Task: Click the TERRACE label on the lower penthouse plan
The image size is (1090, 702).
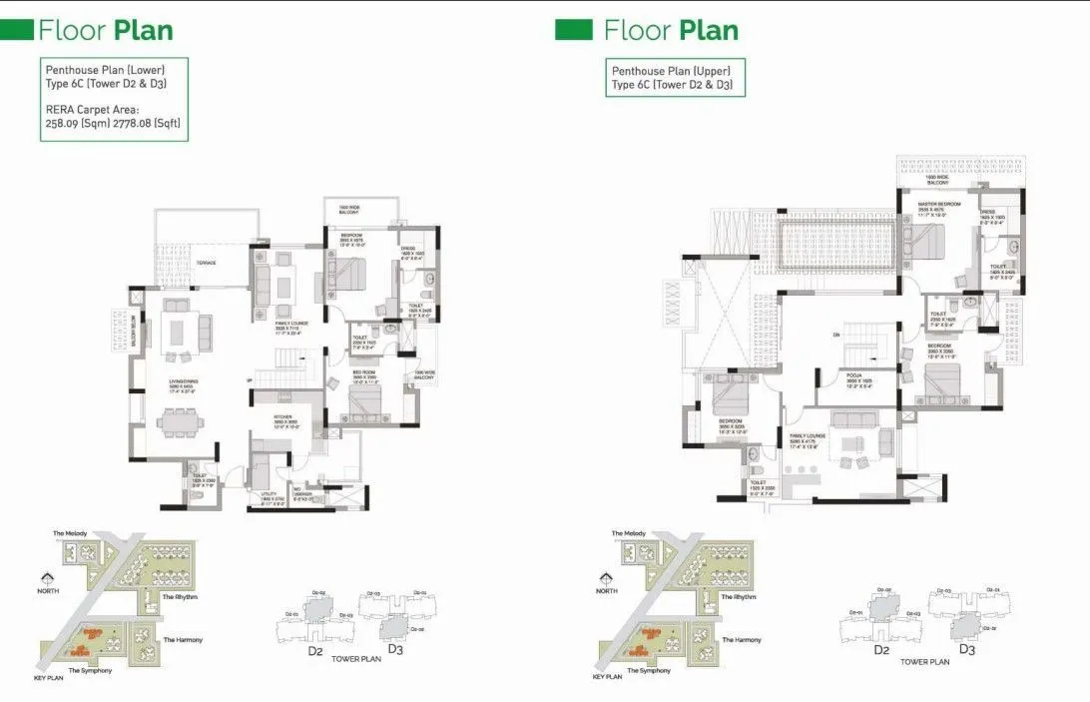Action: [x=207, y=263]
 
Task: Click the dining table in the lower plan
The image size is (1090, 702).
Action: [x=181, y=422]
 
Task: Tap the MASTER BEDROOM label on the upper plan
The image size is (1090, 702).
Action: [x=938, y=204]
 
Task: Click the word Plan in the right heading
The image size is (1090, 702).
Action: [x=709, y=30]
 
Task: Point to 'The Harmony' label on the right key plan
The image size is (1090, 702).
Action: [x=742, y=639]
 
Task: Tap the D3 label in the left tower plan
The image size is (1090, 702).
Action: [x=394, y=650]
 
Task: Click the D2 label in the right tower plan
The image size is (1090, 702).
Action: [x=880, y=650]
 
